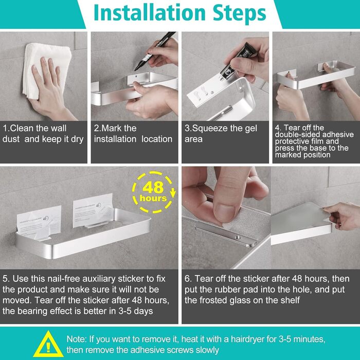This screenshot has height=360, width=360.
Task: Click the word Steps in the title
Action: (x=240, y=14)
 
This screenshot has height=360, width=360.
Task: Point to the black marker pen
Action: (x=154, y=51)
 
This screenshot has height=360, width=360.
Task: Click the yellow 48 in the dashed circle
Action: (x=153, y=187)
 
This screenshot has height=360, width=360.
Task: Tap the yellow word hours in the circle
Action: (x=153, y=199)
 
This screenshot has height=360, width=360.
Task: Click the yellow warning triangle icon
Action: (x=48, y=344)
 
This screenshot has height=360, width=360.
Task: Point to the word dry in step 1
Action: (x=77, y=139)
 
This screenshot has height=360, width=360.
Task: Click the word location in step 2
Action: (x=157, y=139)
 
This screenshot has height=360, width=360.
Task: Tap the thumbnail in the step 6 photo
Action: (x=226, y=213)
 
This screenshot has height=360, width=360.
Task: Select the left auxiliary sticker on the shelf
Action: (x=40, y=223)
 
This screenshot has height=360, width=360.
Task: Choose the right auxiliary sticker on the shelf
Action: (x=93, y=210)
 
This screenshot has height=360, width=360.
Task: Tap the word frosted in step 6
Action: (x=217, y=300)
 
